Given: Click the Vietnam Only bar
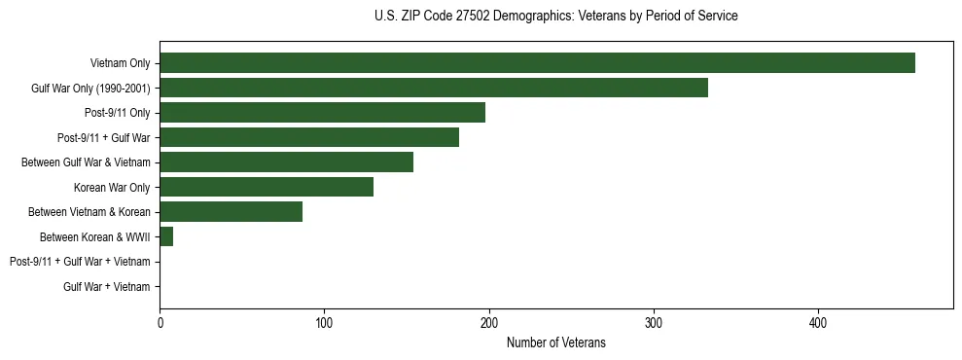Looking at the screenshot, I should coord(537,63).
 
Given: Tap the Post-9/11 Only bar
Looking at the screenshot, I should coord(322,113).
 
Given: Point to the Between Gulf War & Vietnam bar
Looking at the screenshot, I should coord(286,162).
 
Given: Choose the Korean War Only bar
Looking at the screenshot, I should coord(267,188).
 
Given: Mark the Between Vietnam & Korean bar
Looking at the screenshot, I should coord(231,212).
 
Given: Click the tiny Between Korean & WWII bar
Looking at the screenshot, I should coord(166,237).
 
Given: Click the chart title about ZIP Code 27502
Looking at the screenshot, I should coord(555,17).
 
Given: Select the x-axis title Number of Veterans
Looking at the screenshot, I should coord(555,342).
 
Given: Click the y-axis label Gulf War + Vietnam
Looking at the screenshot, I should coord(106,287).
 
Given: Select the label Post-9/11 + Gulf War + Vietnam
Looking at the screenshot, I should coord(80,262).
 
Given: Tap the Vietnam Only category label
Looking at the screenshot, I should coord(120,63).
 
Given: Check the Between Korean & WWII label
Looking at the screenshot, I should coord(94,237).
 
